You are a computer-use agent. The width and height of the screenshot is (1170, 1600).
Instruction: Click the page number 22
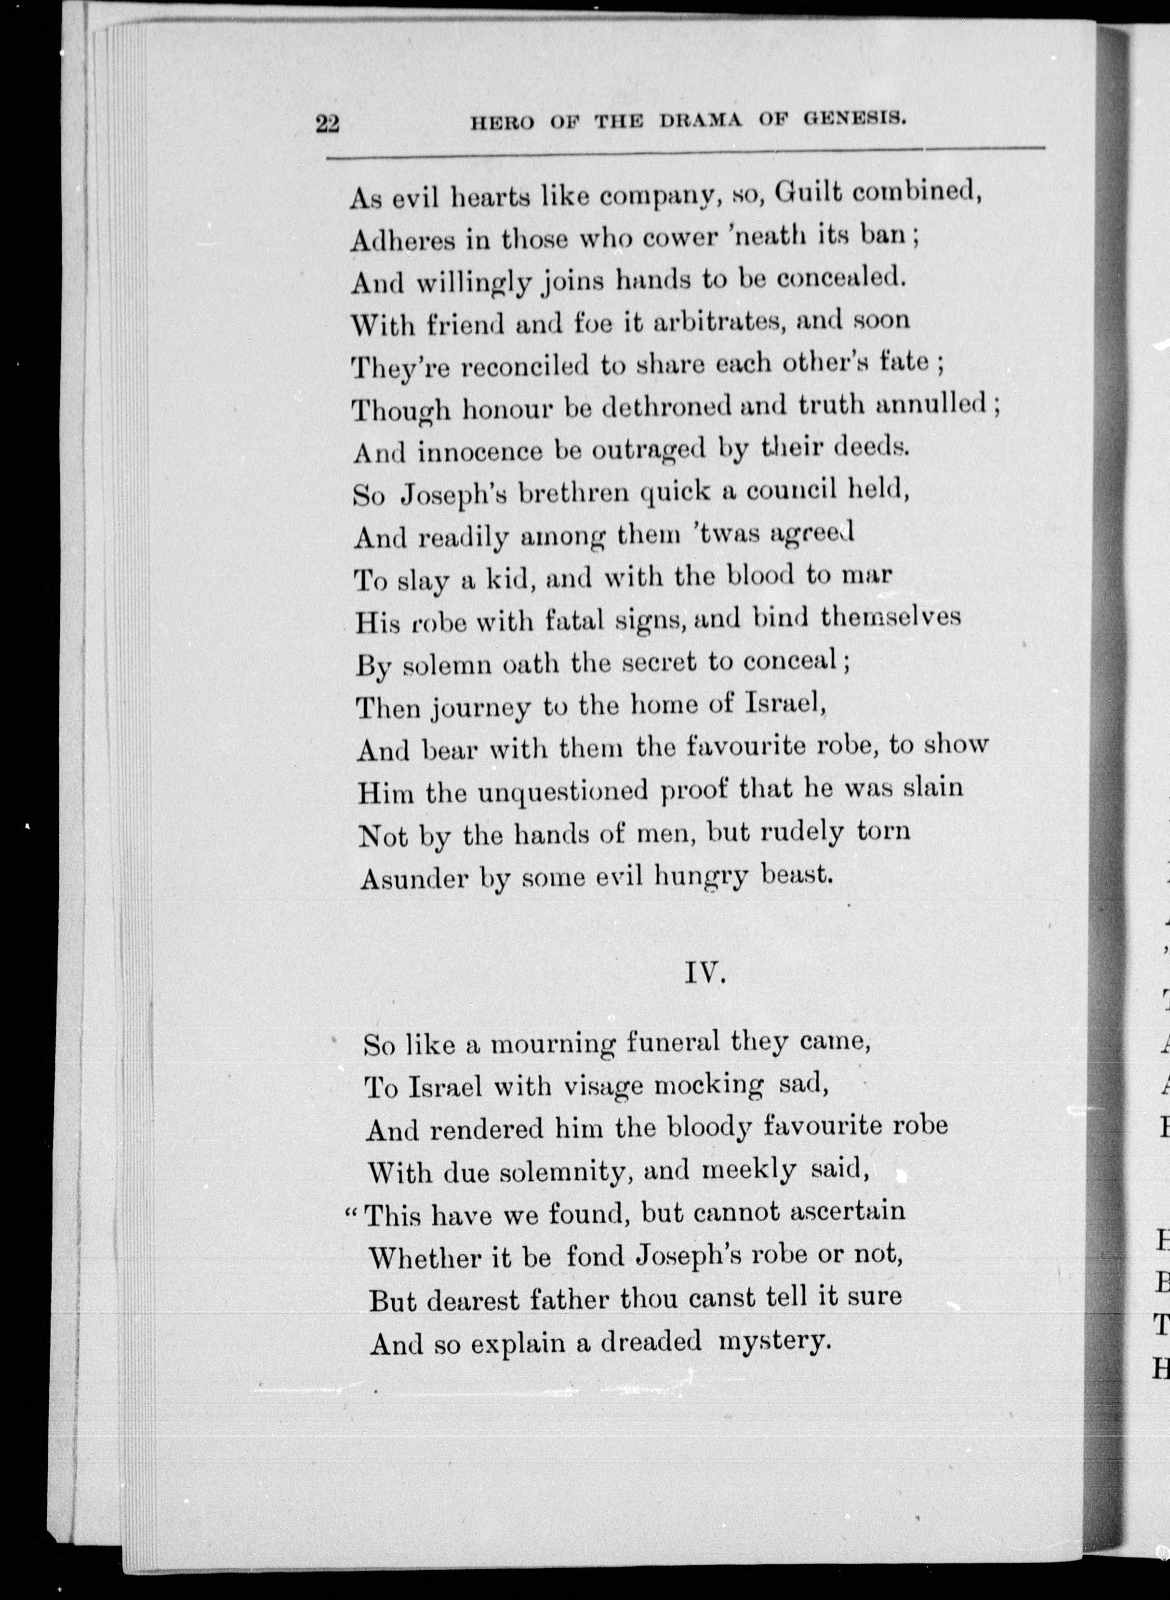click(328, 125)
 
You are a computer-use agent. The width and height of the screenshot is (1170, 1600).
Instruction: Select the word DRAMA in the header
click(701, 120)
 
